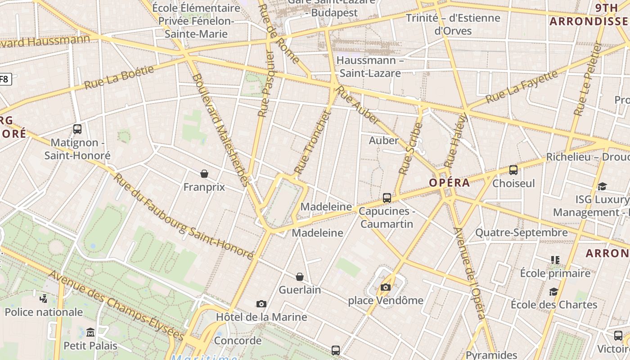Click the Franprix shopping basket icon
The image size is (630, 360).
coord(204,174)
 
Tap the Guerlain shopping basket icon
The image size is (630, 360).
coord(300,277)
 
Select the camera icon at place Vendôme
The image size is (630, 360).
coord(386,287)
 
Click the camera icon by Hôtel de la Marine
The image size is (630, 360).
coord(261,304)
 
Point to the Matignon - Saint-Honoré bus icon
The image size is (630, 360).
coord(77,129)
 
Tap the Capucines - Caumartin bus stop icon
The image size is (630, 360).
coord(387,198)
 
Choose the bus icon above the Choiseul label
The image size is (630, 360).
coord(513,170)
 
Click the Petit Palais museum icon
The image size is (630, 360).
coord(90,332)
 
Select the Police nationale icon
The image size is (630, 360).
coord(44,298)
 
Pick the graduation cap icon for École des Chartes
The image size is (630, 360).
coord(553,292)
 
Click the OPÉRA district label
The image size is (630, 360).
coord(449,183)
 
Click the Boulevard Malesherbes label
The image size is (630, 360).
coord(220,130)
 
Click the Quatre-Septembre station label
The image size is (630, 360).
coord(522,233)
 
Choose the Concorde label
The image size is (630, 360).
coord(238,340)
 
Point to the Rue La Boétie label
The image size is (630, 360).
coord(119,77)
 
